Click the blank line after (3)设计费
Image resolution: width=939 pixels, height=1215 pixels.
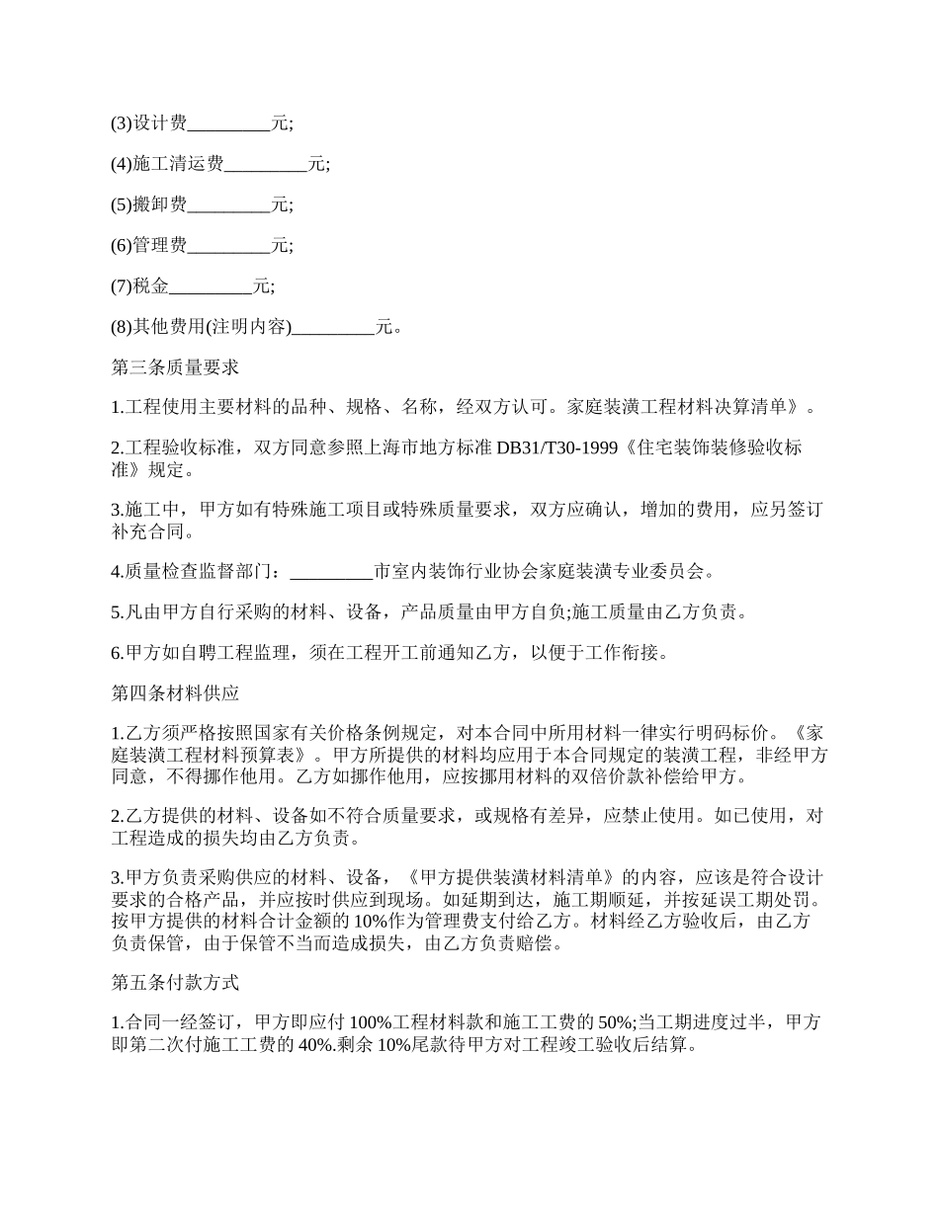pos(228,124)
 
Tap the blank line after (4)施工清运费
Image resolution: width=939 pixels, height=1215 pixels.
pos(266,165)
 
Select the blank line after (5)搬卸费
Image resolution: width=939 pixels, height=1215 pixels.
pos(228,205)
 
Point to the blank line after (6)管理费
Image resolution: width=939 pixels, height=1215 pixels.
pos(228,246)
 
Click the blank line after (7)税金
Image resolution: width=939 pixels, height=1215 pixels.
pos(211,286)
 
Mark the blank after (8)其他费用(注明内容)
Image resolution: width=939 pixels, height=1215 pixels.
pos(334,327)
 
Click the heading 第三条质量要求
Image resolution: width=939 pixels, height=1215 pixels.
pos(175,367)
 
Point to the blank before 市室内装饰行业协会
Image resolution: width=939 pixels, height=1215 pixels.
pos(333,571)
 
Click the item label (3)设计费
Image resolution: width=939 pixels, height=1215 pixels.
pos(148,124)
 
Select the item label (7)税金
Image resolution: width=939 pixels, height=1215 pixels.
pos(139,286)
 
